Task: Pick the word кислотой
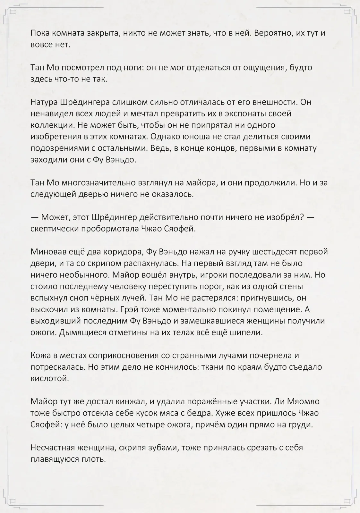pos(50,378)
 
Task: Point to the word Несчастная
pos(54,448)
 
